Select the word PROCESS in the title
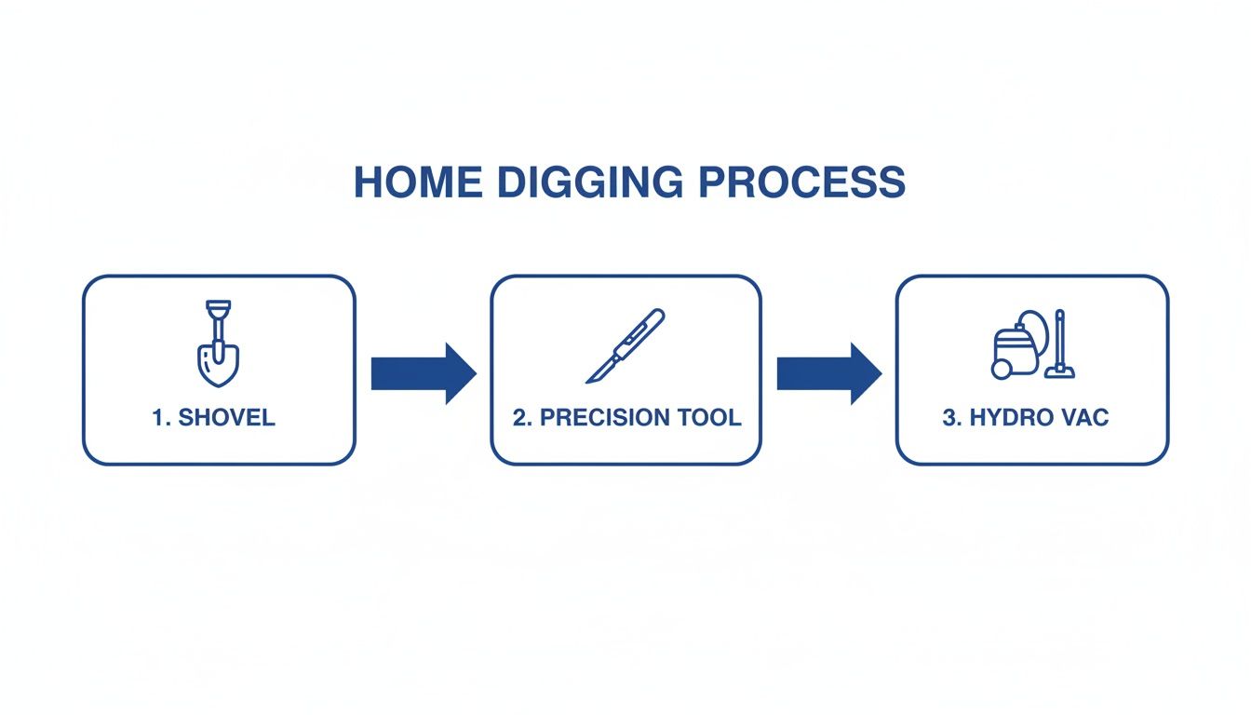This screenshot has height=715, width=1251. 802,182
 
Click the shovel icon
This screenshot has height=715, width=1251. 219,344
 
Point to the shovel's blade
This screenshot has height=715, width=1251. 219,364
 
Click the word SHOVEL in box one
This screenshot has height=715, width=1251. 226,417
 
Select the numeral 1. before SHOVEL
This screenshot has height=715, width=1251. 161,417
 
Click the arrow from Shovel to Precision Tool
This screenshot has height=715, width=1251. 424,373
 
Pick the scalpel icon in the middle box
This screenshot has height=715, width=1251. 625,345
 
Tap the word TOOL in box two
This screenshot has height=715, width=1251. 711,417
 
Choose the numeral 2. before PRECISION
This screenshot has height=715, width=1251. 522,417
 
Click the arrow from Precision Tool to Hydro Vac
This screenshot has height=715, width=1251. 829,373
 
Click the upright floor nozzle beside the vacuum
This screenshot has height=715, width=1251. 1060,346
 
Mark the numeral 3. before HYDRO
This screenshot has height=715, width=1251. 952,417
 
